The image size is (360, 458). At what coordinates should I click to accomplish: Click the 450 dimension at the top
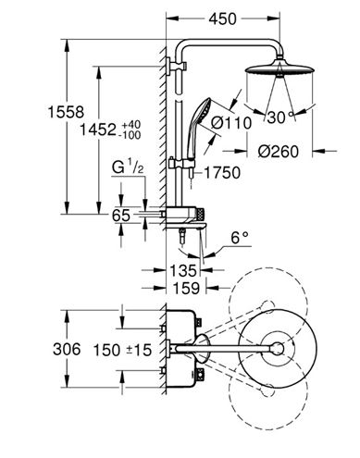click(222, 19)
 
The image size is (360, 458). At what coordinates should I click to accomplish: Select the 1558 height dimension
click(66, 112)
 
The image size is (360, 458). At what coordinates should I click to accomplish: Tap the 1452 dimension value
click(98, 130)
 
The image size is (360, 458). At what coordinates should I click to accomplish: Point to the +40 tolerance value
click(131, 125)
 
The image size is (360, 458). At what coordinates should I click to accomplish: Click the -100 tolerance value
click(131, 135)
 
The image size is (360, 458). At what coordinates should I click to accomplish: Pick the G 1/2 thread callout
click(128, 168)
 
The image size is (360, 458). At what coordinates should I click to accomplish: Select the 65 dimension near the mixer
click(121, 215)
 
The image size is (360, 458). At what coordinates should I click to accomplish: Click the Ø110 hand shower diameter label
click(231, 123)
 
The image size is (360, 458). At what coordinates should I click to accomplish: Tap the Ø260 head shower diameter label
click(279, 152)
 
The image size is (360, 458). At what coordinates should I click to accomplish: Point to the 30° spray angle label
click(280, 118)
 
